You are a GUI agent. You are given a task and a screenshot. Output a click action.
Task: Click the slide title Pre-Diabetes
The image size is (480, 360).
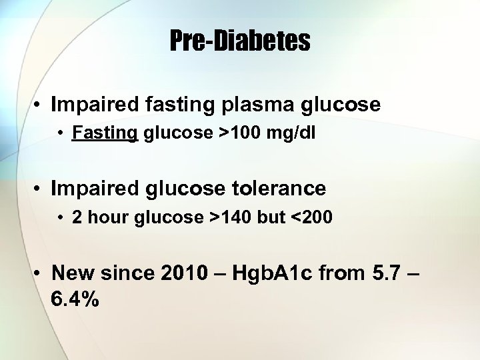[240, 41]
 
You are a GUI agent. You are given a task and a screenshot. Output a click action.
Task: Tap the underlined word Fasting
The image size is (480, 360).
[105, 133]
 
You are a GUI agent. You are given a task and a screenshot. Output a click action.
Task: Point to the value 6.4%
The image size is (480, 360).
[75, 300]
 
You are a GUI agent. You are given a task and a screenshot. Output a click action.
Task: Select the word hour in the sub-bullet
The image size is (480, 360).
[107, 217]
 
